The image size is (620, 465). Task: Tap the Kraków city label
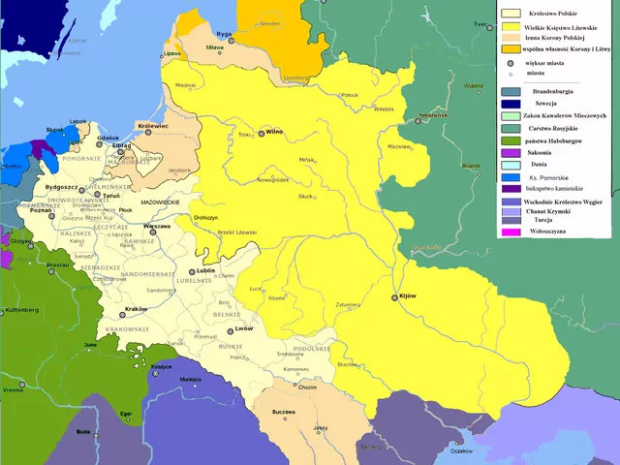coord(136,309)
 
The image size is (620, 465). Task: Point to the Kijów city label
coord(407,297)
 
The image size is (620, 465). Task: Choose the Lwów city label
coord(243,329)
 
